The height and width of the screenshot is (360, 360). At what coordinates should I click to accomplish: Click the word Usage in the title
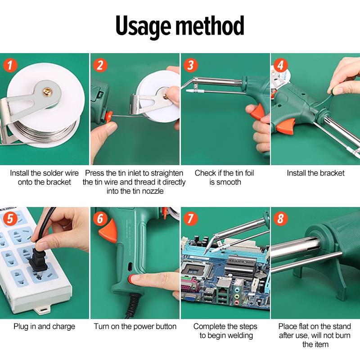143,27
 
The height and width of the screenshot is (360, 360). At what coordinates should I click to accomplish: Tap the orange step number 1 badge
10,65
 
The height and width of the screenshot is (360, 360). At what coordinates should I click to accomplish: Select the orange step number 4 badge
280,65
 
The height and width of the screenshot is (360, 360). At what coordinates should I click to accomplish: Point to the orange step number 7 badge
190,218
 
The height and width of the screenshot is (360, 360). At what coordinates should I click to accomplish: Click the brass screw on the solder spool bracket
48,92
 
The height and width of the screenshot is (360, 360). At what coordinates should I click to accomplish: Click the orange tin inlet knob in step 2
108,117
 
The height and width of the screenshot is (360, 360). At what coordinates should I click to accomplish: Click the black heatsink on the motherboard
240,267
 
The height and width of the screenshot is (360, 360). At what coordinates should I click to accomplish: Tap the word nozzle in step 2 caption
152,191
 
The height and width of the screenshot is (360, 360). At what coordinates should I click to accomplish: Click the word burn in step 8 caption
341,335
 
